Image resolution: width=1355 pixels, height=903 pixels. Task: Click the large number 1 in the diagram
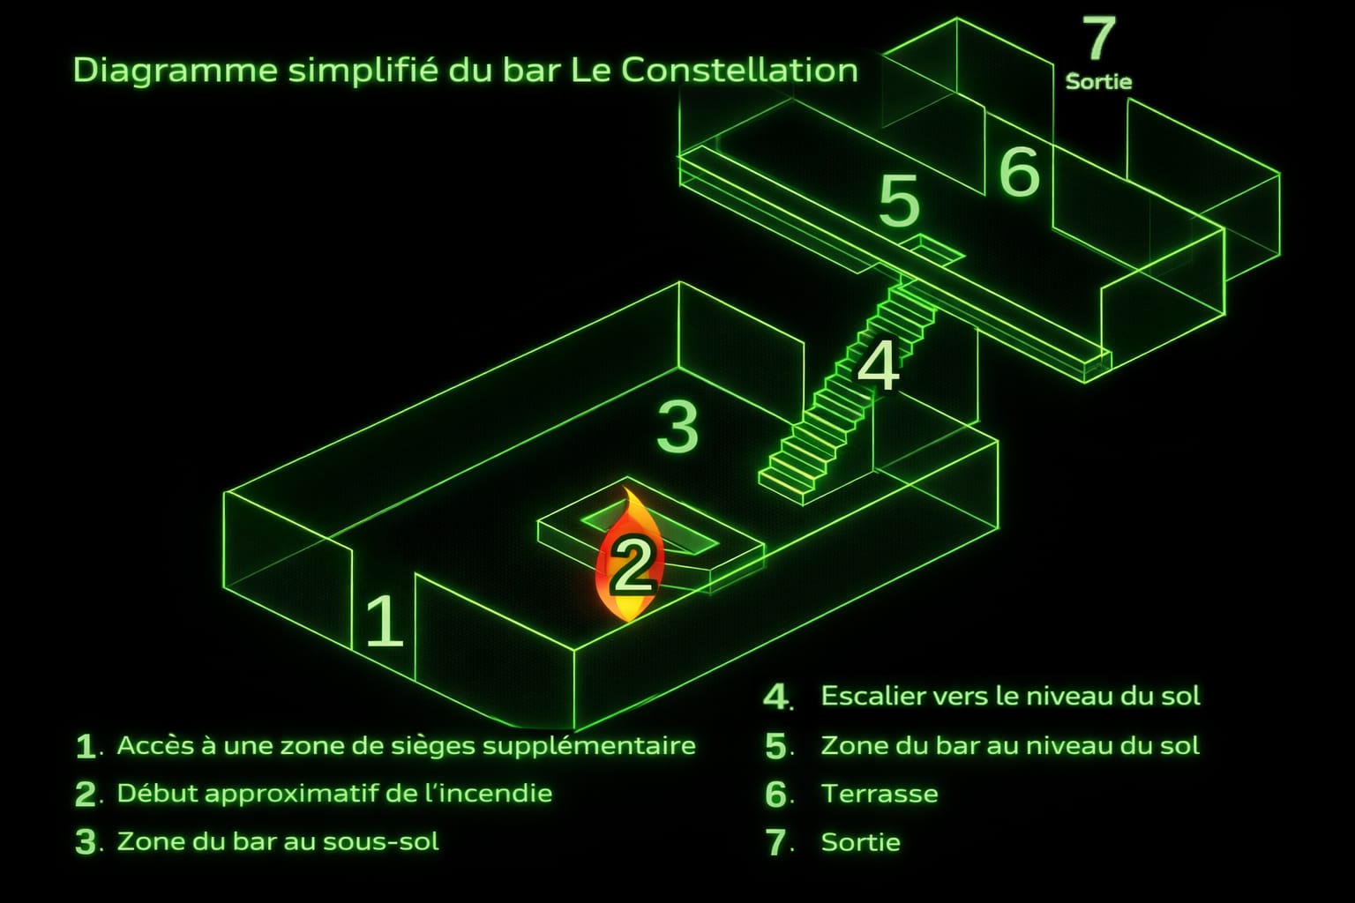tap(386, 621)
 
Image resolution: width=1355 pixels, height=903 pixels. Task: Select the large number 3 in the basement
tap(677, 427)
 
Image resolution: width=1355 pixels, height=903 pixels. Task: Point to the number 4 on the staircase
tap(879, 365)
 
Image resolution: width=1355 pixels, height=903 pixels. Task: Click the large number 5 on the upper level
tap(899, 201)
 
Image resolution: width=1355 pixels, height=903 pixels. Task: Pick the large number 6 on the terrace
tap(1020, 172)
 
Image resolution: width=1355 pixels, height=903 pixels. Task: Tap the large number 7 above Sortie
tap(1099, 38)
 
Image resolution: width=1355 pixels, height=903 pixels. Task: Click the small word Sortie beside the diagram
tap(1098, 82)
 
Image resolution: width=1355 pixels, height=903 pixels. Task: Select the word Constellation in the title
tap(739, 71)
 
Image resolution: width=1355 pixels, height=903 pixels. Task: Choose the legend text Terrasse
tap(880, 794)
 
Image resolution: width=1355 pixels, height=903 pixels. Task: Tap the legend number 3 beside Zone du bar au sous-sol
tap(86, 842)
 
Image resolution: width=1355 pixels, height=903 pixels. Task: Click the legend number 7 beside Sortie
tap(775, 842)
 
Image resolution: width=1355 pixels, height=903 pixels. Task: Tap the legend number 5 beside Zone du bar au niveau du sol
tap(775, 746)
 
